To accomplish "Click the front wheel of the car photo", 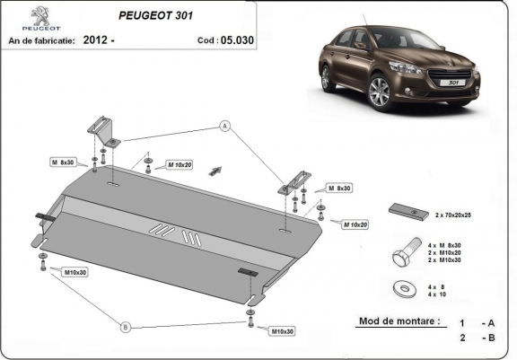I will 378,92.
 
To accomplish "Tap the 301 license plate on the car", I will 447,82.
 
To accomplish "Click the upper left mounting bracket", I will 104,132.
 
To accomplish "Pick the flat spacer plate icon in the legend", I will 409,210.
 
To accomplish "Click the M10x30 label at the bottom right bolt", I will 283,331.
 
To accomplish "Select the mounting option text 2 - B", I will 476,338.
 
